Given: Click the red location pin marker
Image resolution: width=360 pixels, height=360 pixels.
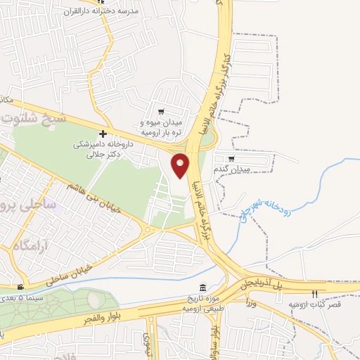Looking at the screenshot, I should [x=181, y=165].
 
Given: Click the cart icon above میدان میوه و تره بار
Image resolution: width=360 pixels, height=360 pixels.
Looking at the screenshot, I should [x=161, y=111].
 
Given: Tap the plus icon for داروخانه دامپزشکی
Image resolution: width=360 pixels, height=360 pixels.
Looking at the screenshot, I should [x=103, y=133].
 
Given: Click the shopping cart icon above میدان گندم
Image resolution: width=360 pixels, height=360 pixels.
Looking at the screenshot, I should [x=231, y=158].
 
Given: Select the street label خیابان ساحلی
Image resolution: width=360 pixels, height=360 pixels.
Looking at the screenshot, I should [x=70, y=273].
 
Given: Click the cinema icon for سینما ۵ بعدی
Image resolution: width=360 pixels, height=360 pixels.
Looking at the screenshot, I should [x=21, y=287].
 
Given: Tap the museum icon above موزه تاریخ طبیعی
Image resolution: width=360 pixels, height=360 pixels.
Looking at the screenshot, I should [x=203, y=288].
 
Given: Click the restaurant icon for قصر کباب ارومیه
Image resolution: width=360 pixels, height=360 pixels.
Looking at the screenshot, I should [x=316, y=293].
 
